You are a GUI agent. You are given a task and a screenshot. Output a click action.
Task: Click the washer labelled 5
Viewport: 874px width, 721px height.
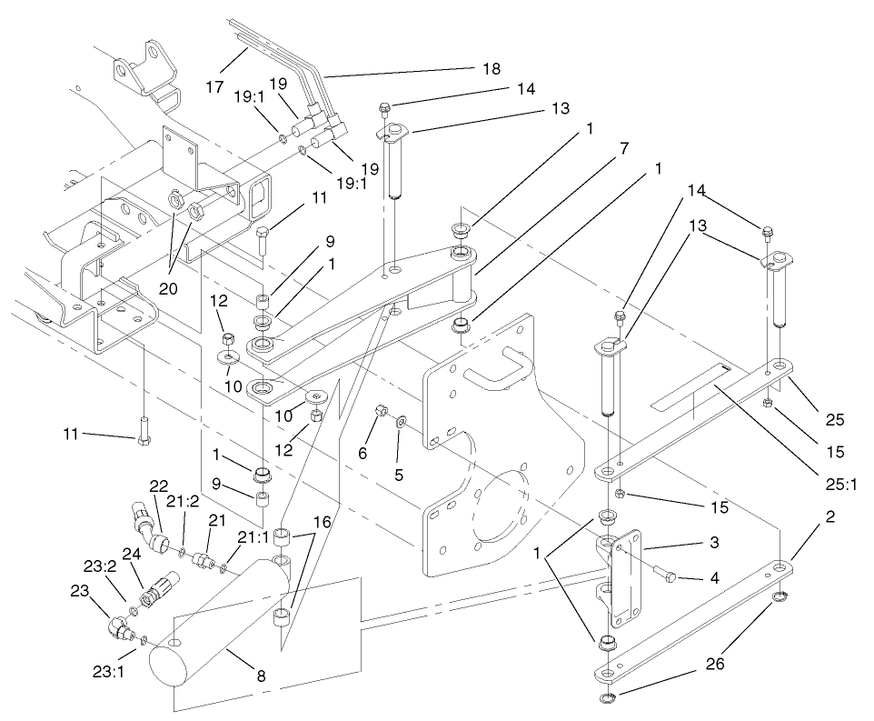click(402, 421)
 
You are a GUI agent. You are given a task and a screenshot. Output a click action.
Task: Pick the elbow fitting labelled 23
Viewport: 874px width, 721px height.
click(117, 628)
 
